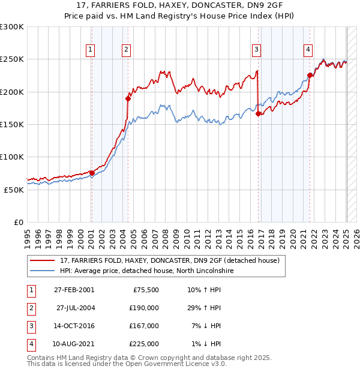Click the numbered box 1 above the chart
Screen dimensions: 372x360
pos(90,50)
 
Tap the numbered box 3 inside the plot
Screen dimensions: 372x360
pos(256,50)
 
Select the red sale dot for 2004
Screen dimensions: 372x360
pos(128,98)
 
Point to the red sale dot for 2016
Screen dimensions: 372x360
pos(258,113)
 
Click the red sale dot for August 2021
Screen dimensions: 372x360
pos(310,76)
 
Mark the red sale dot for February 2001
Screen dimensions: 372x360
pos(92,173)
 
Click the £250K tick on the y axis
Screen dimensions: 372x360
pos(12,59)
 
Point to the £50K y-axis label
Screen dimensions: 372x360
pos(14,189)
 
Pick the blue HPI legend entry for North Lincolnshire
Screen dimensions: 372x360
pos(146,271)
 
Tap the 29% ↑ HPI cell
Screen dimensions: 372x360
pos(204,307)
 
